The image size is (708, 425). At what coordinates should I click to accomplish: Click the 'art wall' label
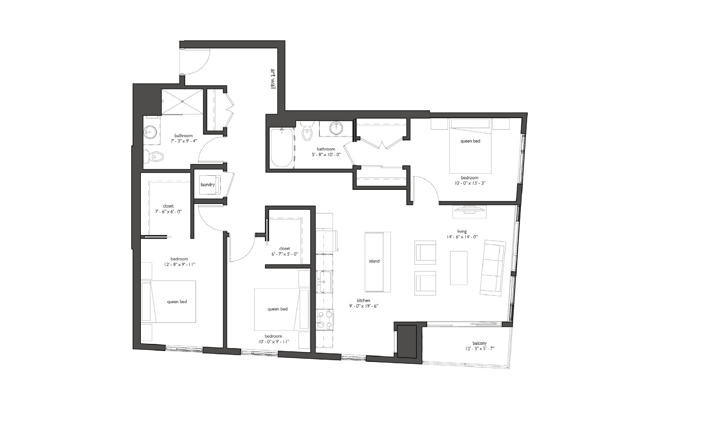point(273,79)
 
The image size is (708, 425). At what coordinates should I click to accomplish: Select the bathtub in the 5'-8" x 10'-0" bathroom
point(282,147)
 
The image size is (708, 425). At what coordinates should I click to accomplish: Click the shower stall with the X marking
point(182,101)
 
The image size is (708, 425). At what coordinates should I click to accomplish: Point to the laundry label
point(207,185)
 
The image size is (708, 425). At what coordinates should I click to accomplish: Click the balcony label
point(480,343)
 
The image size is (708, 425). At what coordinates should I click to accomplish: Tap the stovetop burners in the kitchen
point(325,319)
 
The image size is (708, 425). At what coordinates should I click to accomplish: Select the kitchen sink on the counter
point(324,281)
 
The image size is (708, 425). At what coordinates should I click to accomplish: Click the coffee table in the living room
point(458,268)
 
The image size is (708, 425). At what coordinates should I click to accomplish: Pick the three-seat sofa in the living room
point(492,268)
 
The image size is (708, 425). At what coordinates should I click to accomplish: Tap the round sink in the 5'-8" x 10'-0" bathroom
point(336,128)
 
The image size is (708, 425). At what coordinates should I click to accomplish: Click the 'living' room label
point(462,232)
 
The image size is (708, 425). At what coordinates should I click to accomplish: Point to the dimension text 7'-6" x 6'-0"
point(168,212)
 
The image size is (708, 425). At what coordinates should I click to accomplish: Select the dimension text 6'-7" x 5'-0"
point(284,254)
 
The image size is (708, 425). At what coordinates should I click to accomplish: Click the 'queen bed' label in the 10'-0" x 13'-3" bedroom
point(470,141)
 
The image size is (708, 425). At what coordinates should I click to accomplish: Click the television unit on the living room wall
point(469,212)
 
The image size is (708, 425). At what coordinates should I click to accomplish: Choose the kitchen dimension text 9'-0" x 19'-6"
point(363,306)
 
